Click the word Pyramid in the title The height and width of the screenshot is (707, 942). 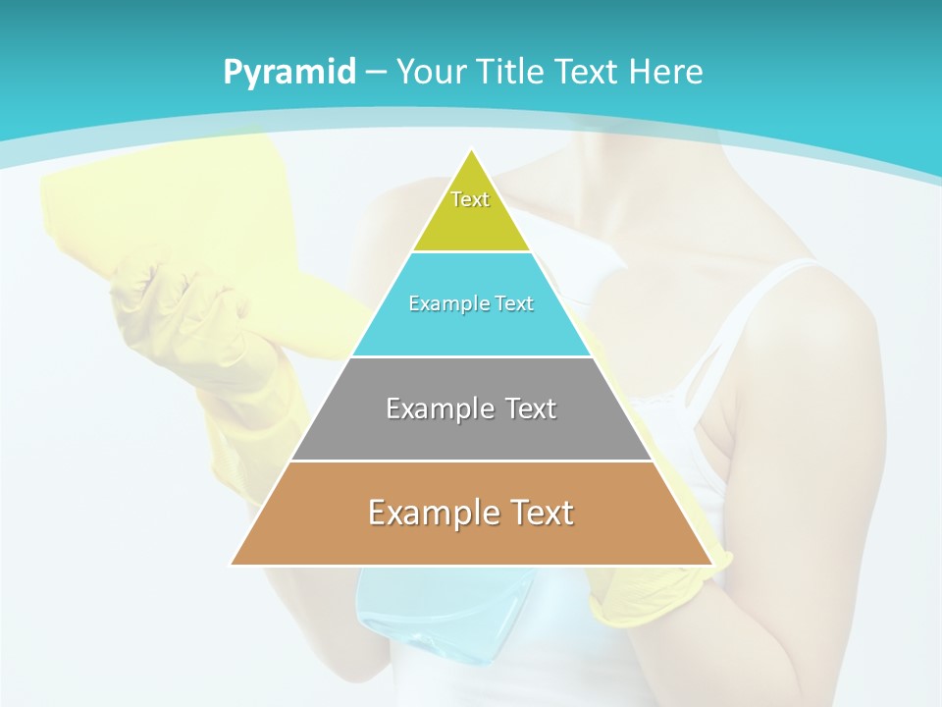(289, 73)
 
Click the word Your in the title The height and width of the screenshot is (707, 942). (431, 73)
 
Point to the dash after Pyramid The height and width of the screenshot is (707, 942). (375, 73)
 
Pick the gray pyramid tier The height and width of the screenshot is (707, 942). (471, 432)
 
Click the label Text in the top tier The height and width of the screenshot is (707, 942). (470, 199)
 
